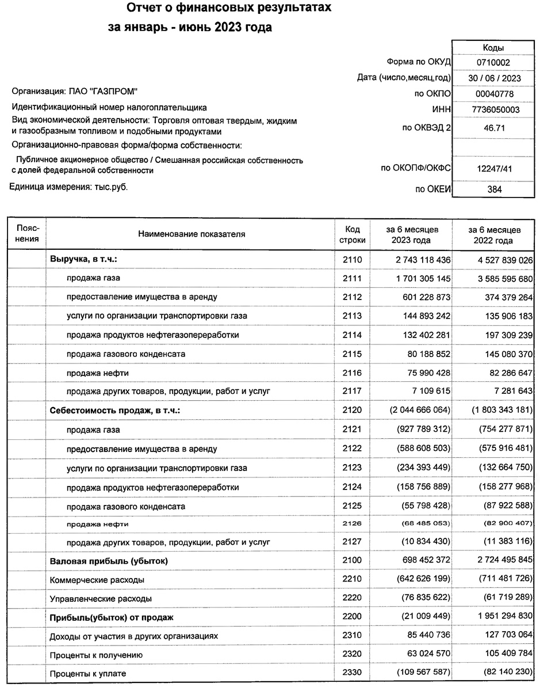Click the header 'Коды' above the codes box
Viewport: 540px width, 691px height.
493,48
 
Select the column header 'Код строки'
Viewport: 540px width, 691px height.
348,234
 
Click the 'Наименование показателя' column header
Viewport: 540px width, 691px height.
192,234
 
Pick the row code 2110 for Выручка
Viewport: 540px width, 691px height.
351,260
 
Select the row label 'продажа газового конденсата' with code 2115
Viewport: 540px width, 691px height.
126,354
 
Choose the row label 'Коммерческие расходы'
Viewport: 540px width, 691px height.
97,579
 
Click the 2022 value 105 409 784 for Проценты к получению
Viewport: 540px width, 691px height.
499,655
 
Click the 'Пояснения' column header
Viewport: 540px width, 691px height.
28,234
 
